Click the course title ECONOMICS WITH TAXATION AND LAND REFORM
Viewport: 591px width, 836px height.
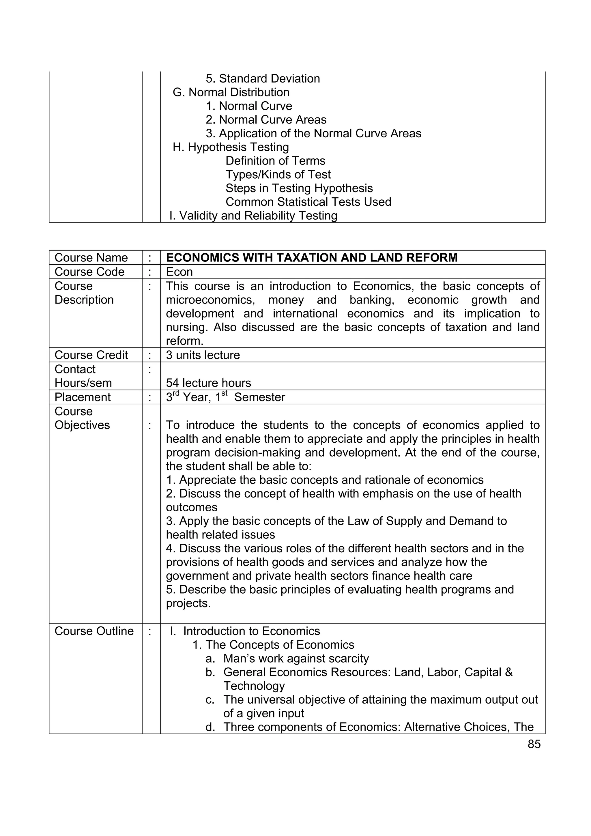click(x=311, y=257)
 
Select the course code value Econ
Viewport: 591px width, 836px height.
click(x=179, y=272)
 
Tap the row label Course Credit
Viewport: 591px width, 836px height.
click(x=91, y=355)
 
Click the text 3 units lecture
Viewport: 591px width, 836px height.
click(x=203, y=355)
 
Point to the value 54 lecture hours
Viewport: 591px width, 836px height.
click(x=208, y=383)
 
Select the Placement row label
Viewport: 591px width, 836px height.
click(x=82, y=397)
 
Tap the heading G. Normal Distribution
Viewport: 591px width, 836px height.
click(x=231, y=92)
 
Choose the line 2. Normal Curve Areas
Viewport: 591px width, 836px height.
click(x=266, y=119)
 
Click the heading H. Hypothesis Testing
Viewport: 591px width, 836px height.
click(x=231, y=147)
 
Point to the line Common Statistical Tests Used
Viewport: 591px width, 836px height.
click(x=308, y=202)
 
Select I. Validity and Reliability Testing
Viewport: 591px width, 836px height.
click(x=253, y=216)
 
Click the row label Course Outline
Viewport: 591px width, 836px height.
click(x=94, y=631)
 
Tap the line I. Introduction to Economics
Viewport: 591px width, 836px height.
click(x=245, y=631)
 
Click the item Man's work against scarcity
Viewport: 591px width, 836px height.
click(x=296, y=658)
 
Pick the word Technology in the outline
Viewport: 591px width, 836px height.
click(x=254, y=686)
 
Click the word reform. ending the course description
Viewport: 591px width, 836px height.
click(x=184, y=341)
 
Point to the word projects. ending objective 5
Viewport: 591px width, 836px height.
click(x=188, y=603)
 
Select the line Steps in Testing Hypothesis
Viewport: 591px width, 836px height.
click(x=299, y=188)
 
